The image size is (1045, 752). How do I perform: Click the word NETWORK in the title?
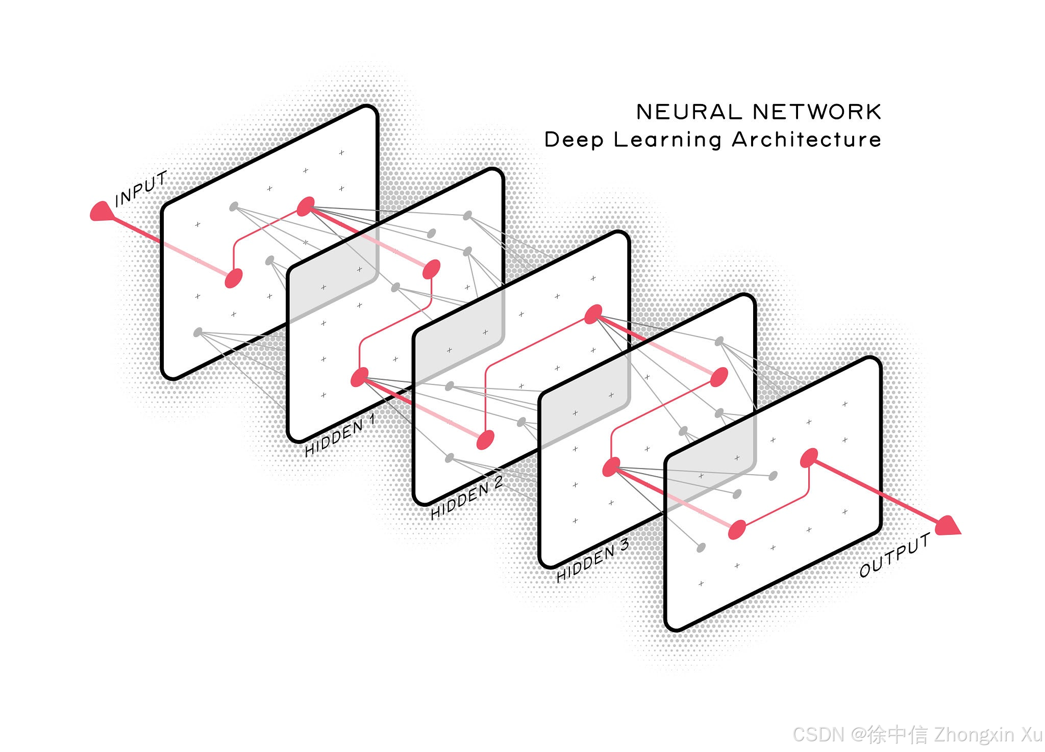pos(817,112)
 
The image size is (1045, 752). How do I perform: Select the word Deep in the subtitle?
pos(574,140)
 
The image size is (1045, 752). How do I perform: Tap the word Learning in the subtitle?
pos(667,140)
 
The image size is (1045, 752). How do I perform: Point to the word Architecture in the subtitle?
pos(807,139)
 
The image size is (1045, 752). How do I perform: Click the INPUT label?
pos(141,189)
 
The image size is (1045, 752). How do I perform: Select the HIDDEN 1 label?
pos(340,435)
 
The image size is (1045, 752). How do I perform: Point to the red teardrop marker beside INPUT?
pos(101,212)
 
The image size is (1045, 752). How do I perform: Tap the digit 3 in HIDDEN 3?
pos(624,545)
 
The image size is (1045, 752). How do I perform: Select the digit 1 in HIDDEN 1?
pos(372,420)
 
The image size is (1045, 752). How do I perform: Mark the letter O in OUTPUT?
pos(865,569)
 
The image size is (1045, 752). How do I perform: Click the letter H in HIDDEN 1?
pos(311,449)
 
